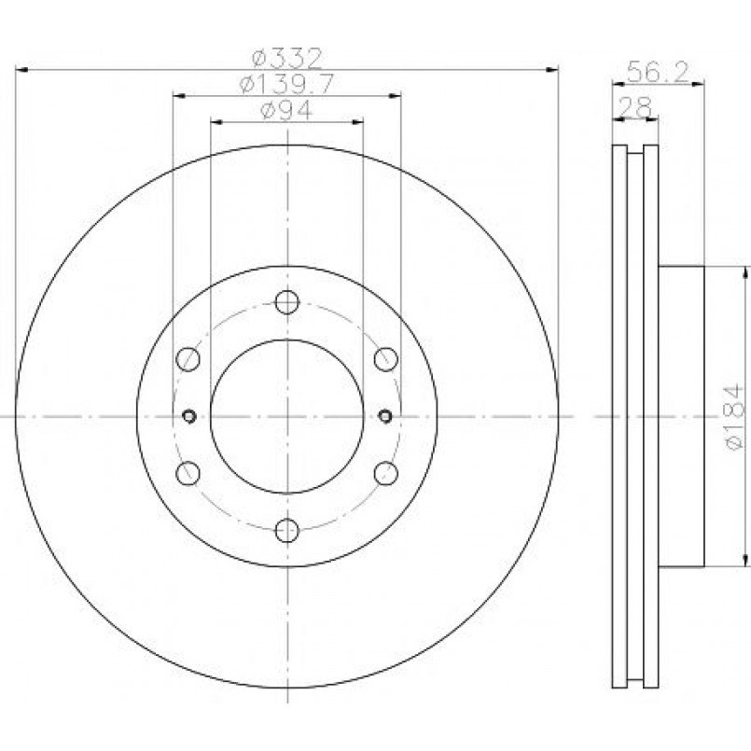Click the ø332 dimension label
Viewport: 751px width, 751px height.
[287, 59]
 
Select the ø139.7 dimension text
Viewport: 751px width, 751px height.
[286, 85]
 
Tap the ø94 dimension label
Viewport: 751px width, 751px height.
[286, 111]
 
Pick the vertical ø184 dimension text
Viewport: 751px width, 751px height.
[736, 417]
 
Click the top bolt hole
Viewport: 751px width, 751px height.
[287, 302]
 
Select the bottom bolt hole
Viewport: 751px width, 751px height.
[287, 530]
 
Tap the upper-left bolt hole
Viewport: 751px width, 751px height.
[188, 359]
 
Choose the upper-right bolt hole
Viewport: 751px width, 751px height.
[386, 359]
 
